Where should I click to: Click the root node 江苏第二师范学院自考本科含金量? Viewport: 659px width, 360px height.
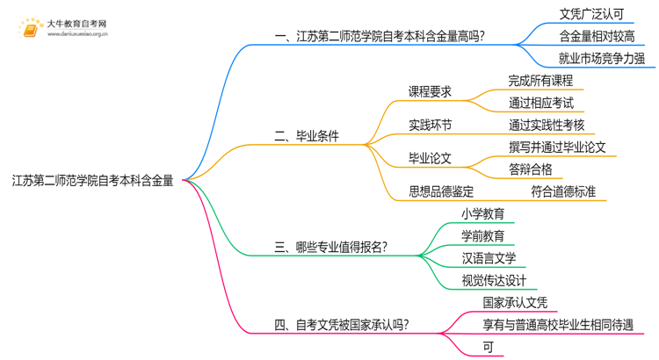click(92, 182)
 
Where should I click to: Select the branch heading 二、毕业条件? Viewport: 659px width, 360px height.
click(307, 136)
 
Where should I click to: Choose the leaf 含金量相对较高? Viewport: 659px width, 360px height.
click(597, 36)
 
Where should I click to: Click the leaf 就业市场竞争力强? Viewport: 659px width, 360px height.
click(602, 59)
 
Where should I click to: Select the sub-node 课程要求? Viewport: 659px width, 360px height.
click(431, 90)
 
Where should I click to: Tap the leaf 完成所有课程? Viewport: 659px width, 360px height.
click(540, 80)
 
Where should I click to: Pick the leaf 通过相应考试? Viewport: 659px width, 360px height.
click(540, 102)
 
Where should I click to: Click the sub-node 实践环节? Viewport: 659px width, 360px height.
click(431, 125)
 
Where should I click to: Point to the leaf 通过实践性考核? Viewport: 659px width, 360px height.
click(546, 125)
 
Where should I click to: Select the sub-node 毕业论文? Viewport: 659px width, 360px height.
click(431, 158)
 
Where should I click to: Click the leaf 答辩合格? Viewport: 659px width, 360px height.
click(531, 169)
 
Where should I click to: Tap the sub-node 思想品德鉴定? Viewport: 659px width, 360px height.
click(442, 191)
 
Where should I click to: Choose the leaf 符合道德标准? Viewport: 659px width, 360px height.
click(563, 191)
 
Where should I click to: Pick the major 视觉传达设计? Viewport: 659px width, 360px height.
click(494, 281)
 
